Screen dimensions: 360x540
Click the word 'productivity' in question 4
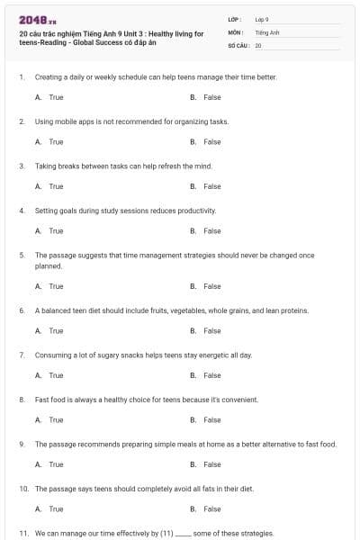coord(199,211)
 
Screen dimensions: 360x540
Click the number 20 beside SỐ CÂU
coord(258,44)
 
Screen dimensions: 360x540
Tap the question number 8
coord(22,400)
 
